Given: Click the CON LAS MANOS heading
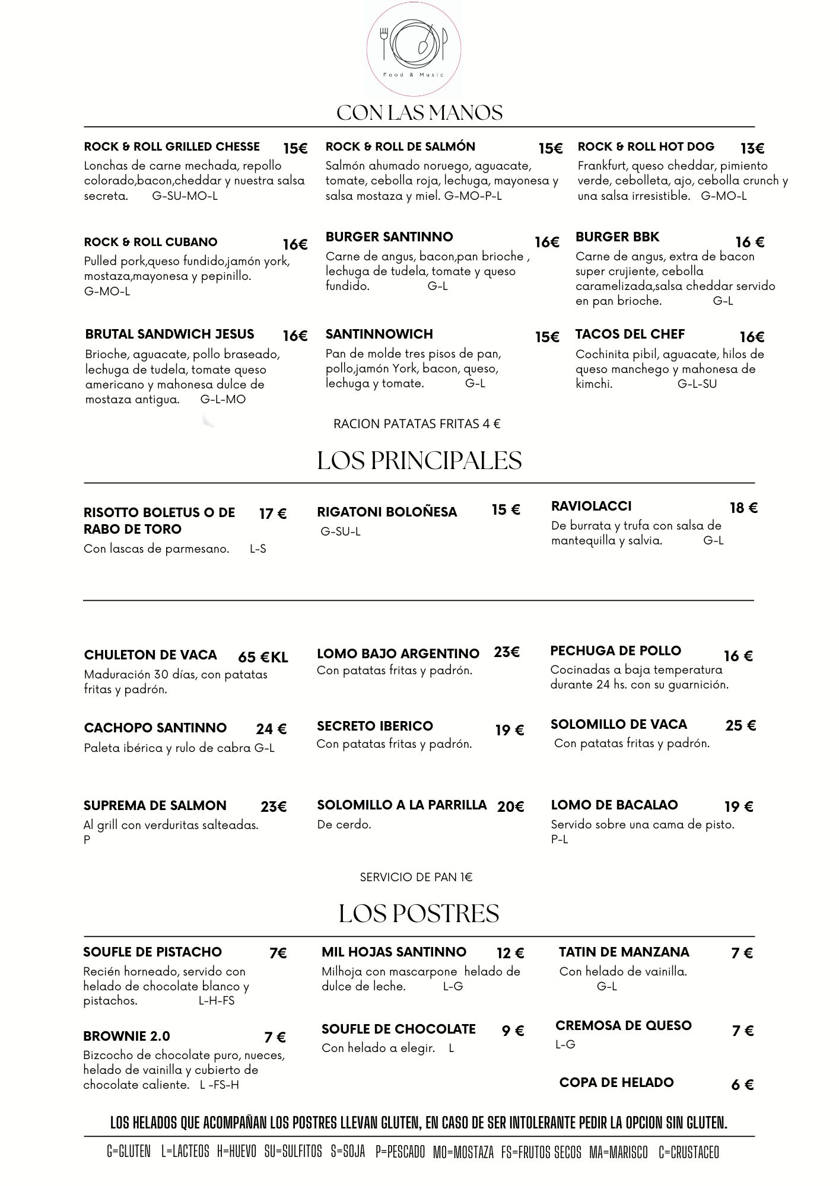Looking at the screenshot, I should (x=419, y=113).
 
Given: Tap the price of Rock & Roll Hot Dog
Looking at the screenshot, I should (x=752, y=148).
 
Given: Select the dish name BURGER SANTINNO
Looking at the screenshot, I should (x=389, y=237).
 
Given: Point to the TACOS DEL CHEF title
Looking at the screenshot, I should (x=630, y=334).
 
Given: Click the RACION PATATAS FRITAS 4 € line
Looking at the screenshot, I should (x=417, y=424).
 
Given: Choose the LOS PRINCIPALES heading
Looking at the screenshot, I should (x=419, y=461).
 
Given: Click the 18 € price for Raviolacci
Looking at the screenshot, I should (x=743, y=508).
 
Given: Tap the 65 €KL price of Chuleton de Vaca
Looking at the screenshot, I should (x=263, y=657).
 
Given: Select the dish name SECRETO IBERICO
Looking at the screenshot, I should (x=374, y=726).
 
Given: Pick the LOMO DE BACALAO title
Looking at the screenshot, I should (x=614, y=805).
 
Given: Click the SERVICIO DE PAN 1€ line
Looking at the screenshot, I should (x=416, y=877).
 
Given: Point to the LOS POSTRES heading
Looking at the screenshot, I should (x=418, y=914).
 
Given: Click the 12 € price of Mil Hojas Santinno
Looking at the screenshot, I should (x=510, y=954).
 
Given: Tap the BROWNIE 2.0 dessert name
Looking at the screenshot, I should (x=126, y=1036).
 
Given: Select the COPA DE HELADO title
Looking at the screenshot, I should (x=616, y=1082).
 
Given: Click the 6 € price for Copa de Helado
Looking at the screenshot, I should (x=742, y=1085).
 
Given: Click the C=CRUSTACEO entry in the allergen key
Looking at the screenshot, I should (x=688, y=1152).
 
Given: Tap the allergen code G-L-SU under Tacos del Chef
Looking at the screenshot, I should (x=697, y=384).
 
